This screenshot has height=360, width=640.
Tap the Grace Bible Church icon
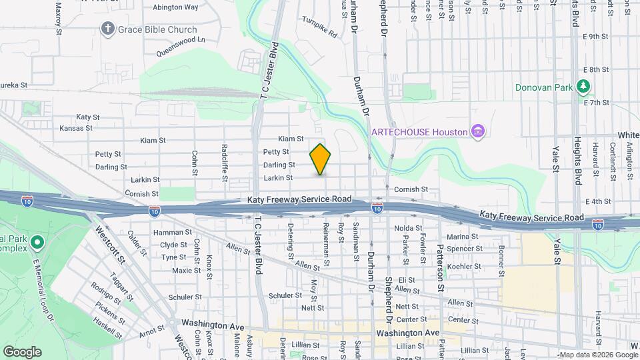[107, 29]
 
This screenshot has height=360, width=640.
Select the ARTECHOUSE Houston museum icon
[477, 131]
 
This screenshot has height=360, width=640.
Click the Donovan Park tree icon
[583, 87]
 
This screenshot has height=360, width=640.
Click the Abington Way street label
[175, 7]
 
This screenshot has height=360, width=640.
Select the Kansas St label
[75, 128]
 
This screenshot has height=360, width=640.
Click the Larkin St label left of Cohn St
[146, 179]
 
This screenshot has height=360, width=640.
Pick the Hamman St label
[168, 232]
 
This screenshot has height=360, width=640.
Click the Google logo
[22, 351]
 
